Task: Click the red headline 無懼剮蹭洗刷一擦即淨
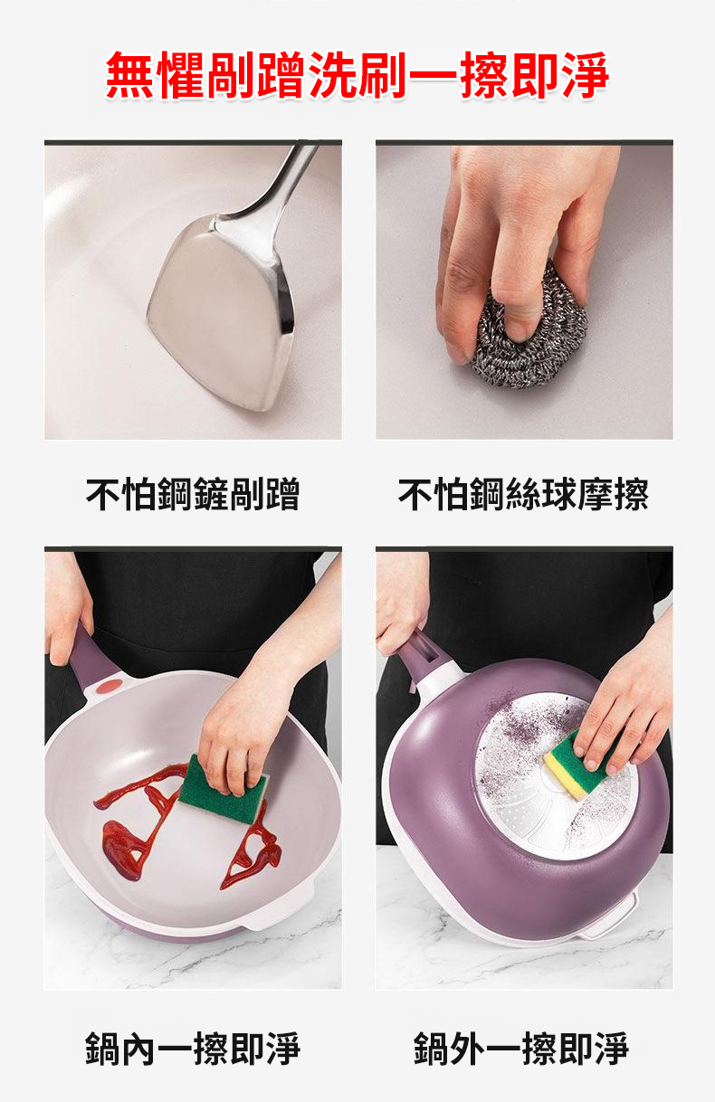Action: click(357, 75)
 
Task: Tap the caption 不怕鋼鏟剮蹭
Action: click(193, 493)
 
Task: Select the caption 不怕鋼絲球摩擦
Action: click(523, 493)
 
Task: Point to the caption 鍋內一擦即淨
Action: click(193, 1049)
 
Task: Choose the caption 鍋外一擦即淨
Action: click(521, 1049)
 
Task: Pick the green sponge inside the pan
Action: click(224, 789)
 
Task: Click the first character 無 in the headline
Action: click(129, 76)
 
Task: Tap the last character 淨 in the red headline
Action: click(586, 76)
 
